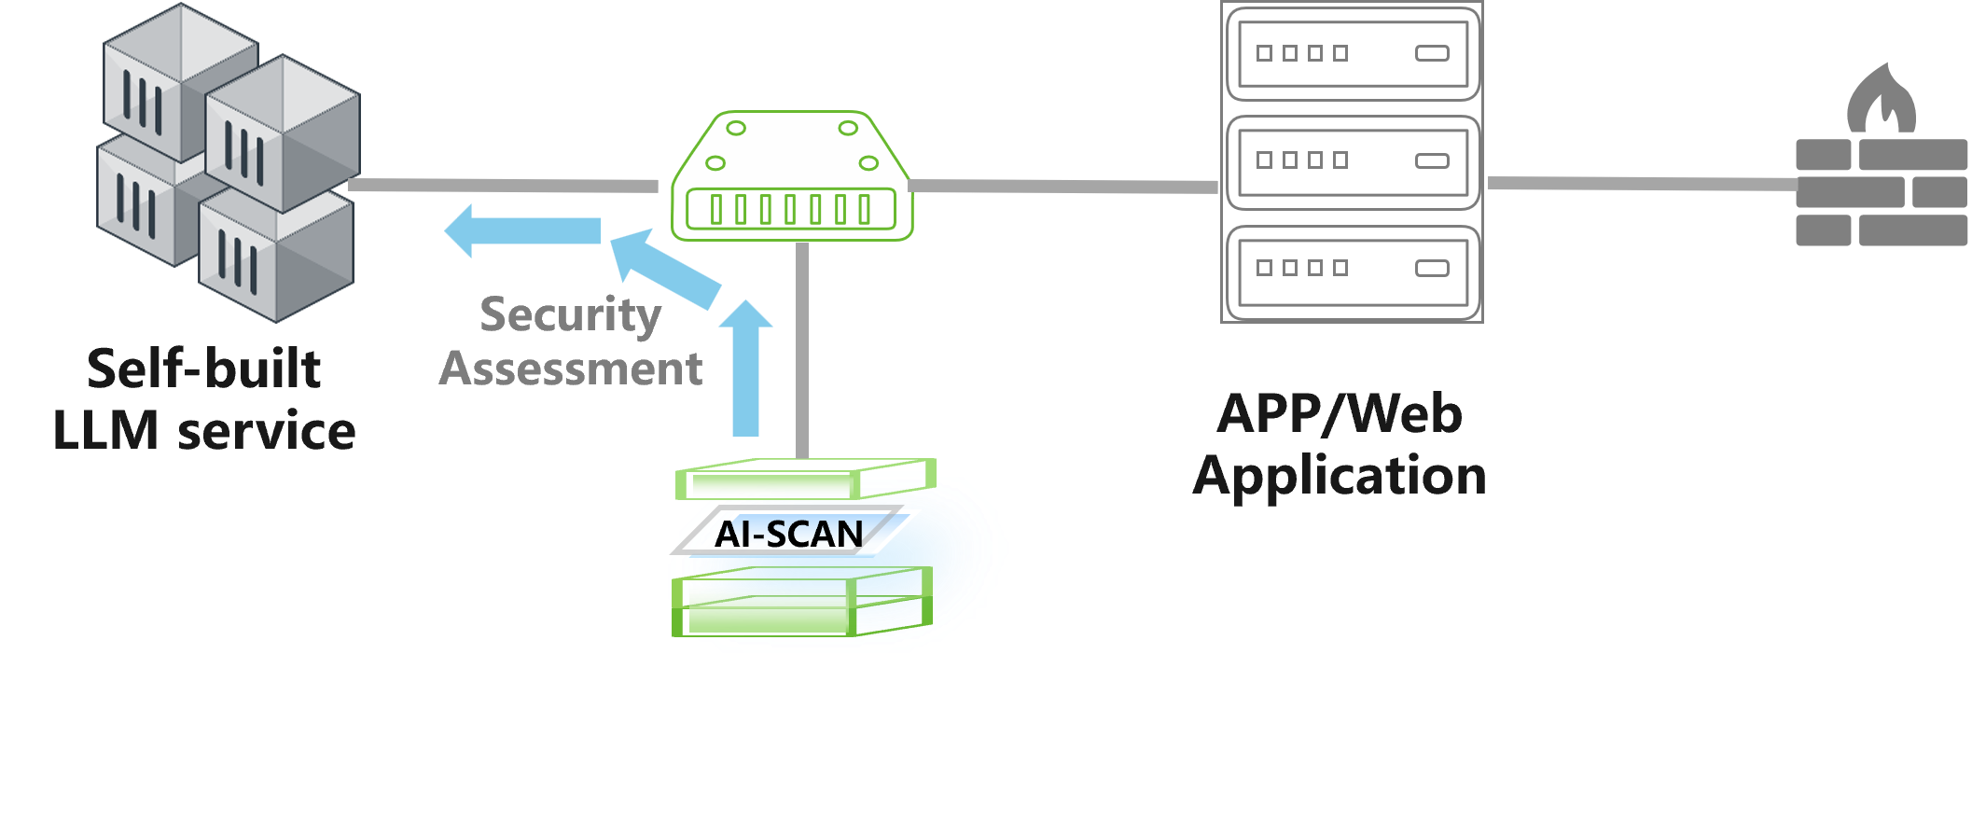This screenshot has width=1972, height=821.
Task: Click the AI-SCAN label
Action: tap(789, 534)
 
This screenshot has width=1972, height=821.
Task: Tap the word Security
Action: tap(570, 315)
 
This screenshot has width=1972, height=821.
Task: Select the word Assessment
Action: tap(571, 369)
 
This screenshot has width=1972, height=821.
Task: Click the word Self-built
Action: tap(204, 369)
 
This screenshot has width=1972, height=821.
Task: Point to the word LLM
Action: tap(105, 431)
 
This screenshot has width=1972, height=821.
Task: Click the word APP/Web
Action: tap(1340, 413)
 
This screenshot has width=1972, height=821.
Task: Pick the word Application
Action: tap(1340, 476)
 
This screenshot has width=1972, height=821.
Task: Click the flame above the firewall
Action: tap(1881, 101)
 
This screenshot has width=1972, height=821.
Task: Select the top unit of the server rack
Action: tap(1352, 53)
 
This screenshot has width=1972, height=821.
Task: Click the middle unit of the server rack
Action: tap(1352, 161)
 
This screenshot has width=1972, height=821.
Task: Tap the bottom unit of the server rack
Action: tap(1352, 269)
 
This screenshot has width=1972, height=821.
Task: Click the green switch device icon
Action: tap(791, 177)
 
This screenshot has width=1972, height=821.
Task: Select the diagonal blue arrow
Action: tap(665, 270)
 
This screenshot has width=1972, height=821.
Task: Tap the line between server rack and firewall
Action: tap(1642, 184)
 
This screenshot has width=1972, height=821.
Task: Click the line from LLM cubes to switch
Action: tap(504, 186)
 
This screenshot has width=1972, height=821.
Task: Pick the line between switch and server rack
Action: tap(1063, 187)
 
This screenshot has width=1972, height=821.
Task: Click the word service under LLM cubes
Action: tap(267, 431)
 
